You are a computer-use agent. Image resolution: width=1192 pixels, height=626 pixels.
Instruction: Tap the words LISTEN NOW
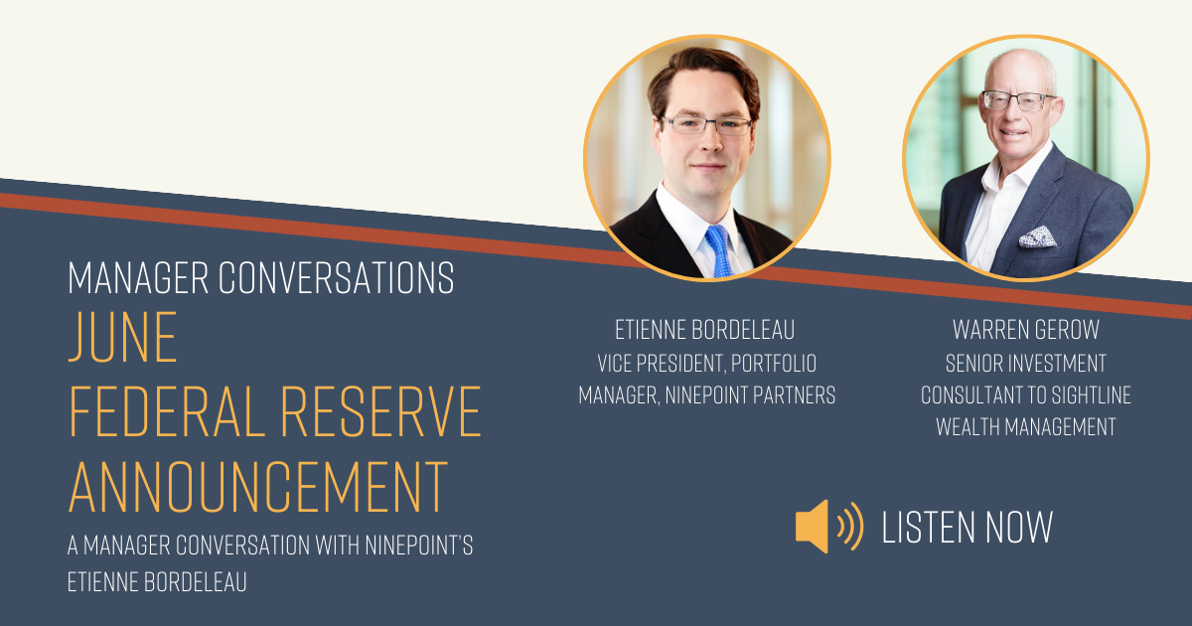point(967,527)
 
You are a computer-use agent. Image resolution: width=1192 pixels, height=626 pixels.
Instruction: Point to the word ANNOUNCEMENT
point(257,488)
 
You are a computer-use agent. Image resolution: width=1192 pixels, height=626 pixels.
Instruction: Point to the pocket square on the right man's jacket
point(1037,235)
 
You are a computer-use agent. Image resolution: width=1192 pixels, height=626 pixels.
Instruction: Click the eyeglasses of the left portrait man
point(706,126)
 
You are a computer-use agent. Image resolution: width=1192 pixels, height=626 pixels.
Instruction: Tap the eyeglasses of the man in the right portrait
point(1018,100)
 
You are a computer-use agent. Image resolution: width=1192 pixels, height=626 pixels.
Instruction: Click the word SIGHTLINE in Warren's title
point(1087,395)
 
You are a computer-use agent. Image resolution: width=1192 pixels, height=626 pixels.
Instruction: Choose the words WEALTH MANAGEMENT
point(1025,427)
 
